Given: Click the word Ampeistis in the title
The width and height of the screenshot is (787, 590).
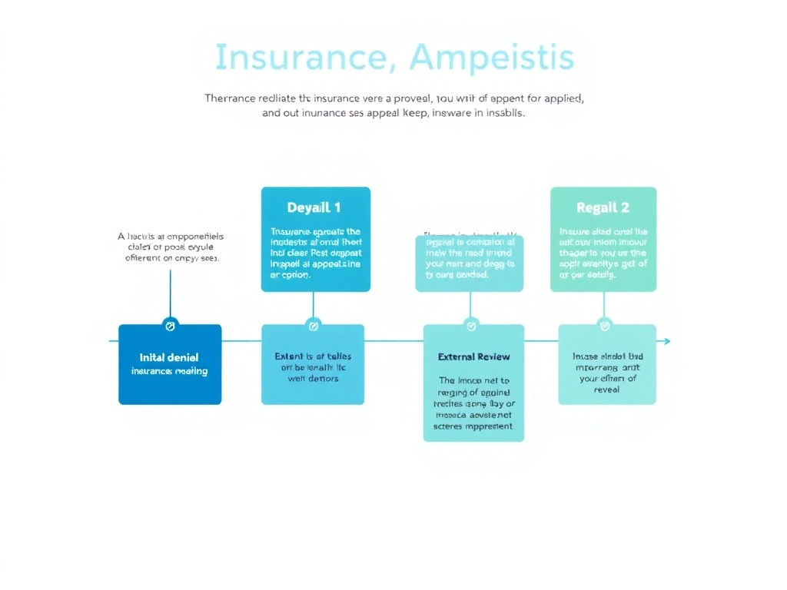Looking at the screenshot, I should pos(492,58).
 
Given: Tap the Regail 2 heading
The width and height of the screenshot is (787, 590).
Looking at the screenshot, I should pos(603,207).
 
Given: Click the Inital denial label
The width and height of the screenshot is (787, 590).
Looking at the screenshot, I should pos(169,357).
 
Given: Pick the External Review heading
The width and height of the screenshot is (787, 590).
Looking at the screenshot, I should pos(473,356).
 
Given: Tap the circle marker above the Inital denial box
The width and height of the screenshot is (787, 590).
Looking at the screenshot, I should pos(171,326).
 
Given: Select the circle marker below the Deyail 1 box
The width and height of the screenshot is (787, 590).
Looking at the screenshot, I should pos(313,326).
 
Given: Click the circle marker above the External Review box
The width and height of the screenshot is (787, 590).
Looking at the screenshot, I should pos(471,326).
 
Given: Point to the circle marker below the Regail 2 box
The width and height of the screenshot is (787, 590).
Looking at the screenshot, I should pos(604,326).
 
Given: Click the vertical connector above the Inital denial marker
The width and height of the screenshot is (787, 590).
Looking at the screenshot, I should pos(170,292).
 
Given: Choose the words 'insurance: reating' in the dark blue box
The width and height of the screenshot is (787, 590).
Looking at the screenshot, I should pos(169,371).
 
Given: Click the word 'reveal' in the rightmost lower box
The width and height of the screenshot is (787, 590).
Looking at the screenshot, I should pos(606,389).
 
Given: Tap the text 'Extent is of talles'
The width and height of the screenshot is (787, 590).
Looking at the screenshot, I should pos(313,356).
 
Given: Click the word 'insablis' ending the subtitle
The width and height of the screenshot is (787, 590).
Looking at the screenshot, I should pos(501,113).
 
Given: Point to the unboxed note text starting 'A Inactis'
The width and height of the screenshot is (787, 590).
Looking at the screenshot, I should pos(170,247).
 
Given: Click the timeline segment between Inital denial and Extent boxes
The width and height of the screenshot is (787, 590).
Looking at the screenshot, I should pos(241,341).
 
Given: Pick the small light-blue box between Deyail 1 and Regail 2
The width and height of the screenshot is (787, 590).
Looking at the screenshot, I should pos(469,264).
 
